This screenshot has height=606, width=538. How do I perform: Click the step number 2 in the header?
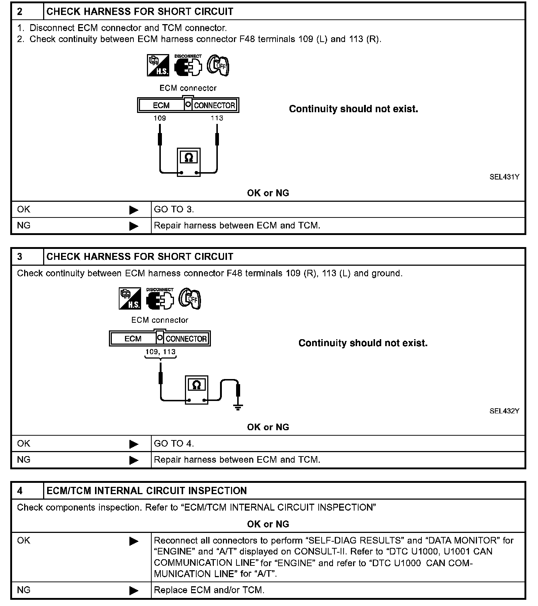(x=20, y=12)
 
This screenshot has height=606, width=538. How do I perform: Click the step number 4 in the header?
(x=20, y=491)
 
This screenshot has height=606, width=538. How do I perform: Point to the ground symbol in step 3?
(x=238, y=407)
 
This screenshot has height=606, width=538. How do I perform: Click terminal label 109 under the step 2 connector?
(x=160, y=118)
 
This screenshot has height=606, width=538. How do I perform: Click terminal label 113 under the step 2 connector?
(x=217, y=118)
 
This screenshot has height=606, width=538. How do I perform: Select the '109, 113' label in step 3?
(x=160, y=352)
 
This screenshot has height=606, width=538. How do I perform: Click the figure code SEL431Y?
(x=504, y=177)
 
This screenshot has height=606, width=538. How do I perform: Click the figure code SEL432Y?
(x=504, y=411)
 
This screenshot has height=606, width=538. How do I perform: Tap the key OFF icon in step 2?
(x=218, y=66)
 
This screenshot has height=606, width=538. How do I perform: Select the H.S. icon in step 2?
(x=158, y=66)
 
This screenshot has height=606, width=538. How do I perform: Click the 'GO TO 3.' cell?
(x=174, y=209)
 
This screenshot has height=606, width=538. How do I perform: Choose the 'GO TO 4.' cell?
(x=174, y=444)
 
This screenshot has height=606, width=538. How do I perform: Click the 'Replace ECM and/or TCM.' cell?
(x=209, y=590)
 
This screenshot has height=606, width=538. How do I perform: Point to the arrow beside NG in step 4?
(x=134, y=590)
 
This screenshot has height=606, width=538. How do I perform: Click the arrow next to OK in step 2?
(x=134, y=210)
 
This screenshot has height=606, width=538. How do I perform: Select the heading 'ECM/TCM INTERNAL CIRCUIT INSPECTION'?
(x=147, y=491)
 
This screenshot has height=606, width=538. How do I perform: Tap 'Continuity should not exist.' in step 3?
(x=363, y=343)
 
